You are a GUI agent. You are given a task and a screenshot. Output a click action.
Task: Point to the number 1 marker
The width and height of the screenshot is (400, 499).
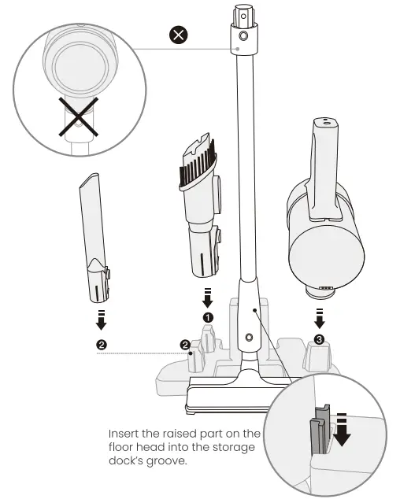click(209, 316)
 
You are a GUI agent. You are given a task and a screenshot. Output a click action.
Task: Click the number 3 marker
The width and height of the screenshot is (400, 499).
click(318, 339)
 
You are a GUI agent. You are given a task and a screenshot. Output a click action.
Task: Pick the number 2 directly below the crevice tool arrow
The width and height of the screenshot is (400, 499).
click(102, 344)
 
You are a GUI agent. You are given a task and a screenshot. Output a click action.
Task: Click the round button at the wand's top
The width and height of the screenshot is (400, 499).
click(243, 36)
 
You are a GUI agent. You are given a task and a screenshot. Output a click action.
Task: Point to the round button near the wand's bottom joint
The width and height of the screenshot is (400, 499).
click(250, 336)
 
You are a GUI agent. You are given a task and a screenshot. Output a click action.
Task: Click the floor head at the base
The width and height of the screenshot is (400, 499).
click(228, 394)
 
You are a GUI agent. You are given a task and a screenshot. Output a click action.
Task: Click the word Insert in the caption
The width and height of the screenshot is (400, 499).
click(127, 434)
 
